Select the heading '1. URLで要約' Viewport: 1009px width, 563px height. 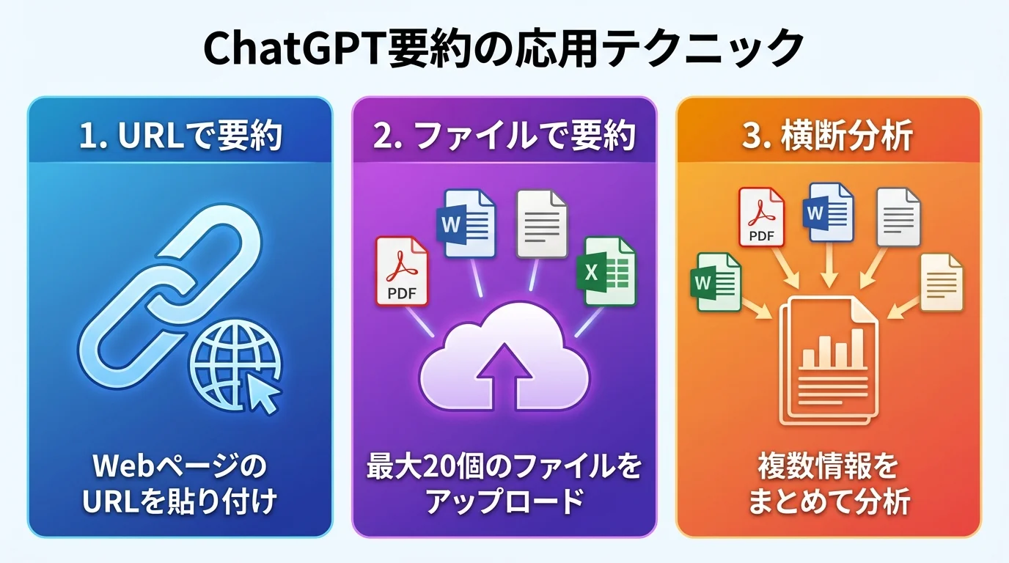pos(180,136)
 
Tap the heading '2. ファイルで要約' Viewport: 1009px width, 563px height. pos(504,136)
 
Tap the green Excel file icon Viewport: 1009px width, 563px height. pos(608,272)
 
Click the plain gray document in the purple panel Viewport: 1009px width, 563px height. pos(541,224)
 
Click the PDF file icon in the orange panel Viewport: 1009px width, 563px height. pos(761,217)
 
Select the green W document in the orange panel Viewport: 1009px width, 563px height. pos(715,282)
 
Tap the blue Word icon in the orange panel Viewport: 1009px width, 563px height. pos(830,213)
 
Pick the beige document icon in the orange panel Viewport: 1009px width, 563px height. pos(941,282)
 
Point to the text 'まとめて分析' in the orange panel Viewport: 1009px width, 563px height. pos(829,502)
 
